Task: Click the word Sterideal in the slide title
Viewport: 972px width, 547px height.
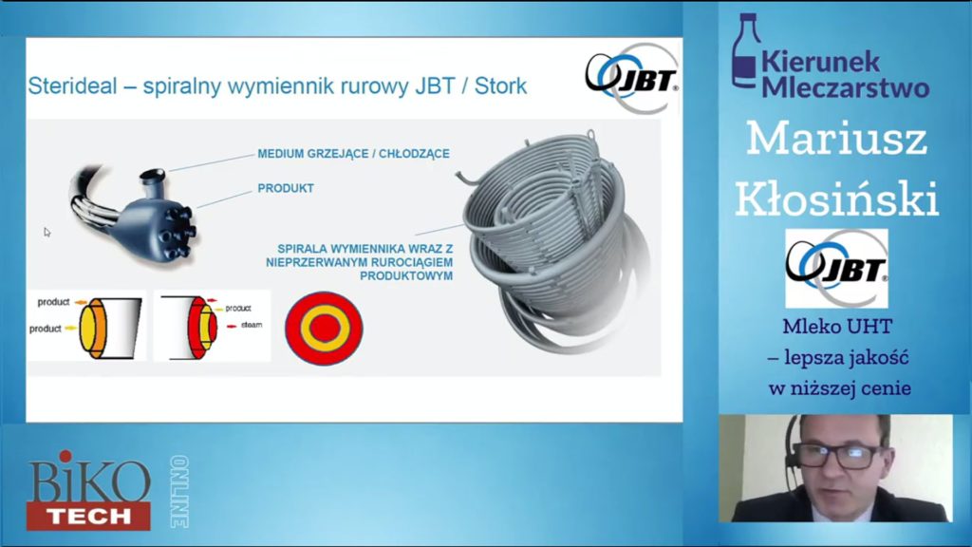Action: coord(72,85)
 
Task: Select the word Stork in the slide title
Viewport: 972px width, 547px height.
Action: coord(500,85)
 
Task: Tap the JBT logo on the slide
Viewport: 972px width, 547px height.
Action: coord(631,78)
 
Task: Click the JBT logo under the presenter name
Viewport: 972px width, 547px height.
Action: coord(836,268)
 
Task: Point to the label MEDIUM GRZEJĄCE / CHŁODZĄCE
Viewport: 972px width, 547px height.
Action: coord(353,154)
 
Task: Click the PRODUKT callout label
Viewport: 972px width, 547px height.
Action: coord(286,188)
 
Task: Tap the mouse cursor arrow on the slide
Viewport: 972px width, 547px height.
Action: coord(47,233)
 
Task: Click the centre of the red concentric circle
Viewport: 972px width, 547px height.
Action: coord(324,328)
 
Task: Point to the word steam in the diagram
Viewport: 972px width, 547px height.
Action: coord(252,325)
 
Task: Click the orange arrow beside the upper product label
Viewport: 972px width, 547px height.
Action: coord(82,302)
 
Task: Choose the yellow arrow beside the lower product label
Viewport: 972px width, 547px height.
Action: coord(70,328)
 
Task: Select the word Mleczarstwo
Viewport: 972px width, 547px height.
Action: coord(846,87)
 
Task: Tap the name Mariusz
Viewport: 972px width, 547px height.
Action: coord(836,139)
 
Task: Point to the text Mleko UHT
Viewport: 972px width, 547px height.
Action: coord(837,327)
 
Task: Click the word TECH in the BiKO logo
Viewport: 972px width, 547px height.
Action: coord(88,516)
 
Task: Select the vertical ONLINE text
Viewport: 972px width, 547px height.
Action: coord(179,492)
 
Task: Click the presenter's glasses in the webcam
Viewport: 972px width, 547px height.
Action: coord(838,456)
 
